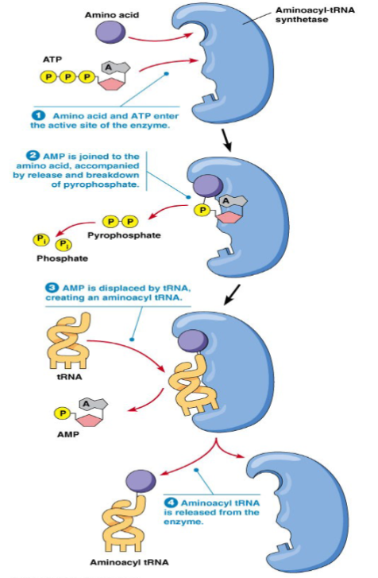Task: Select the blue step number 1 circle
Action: click(x=37, y=114)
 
